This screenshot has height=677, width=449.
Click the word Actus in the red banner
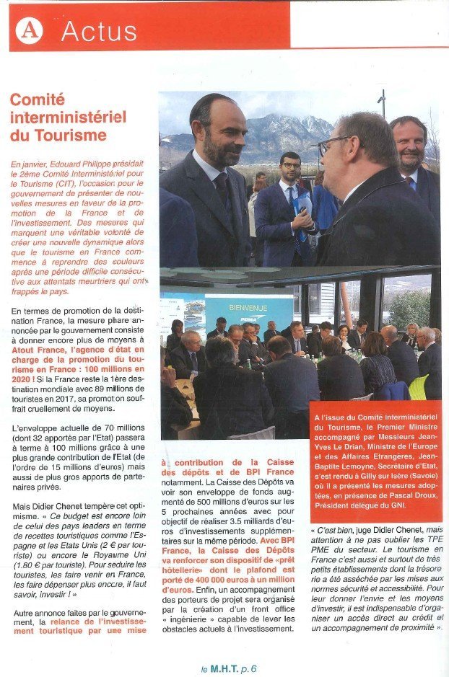(99, 31)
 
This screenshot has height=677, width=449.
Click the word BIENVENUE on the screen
(248, 308)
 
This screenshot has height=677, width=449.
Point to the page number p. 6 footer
(246, 668)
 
